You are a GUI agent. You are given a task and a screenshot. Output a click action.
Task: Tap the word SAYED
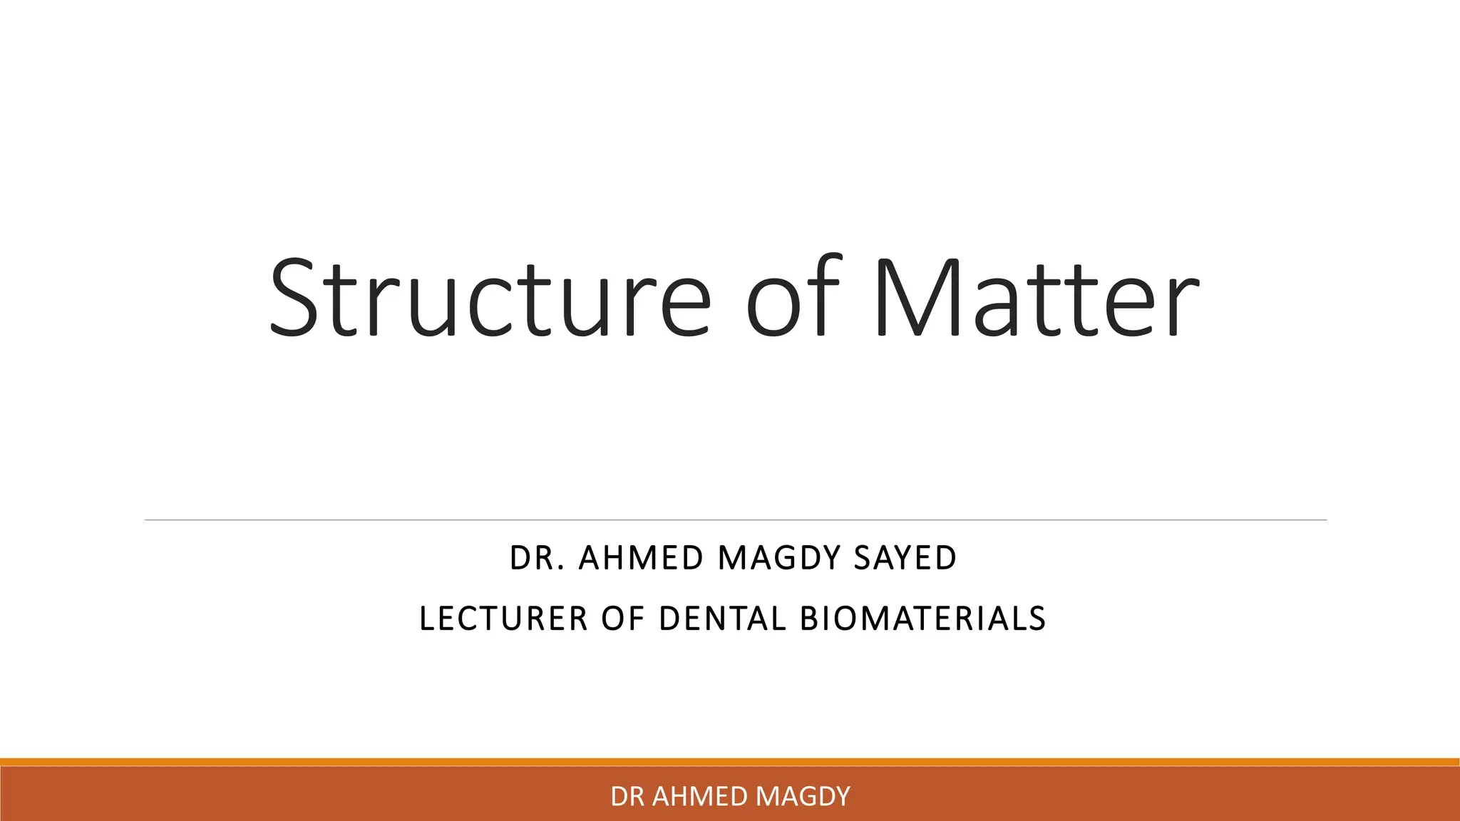coord(905,558)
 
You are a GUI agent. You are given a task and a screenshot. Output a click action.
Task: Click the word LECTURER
coord(503,619)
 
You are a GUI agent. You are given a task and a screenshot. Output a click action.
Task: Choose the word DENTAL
coord(723,619)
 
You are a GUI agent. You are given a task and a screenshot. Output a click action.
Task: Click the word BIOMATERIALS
coord(922,619)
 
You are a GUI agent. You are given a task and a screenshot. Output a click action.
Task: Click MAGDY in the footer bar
coord(803,796)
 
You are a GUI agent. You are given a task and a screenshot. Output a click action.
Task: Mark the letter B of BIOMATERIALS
coord(809,619)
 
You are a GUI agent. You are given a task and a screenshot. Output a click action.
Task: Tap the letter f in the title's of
coord(818,296)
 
